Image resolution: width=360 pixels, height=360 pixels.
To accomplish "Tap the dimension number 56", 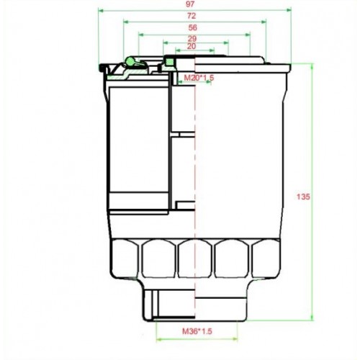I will (194, 27).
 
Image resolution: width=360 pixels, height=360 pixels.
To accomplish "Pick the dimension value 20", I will (191, 47).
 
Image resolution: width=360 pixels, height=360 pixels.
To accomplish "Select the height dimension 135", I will (304, 196).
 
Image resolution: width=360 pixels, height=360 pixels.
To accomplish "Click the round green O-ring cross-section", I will (130, 61).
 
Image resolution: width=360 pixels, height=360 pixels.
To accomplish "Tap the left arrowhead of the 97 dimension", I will (101, 12).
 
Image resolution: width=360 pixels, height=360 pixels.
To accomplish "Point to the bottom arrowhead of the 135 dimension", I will (311, 317).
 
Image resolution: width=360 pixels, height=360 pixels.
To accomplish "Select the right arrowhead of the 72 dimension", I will (266, 22).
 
